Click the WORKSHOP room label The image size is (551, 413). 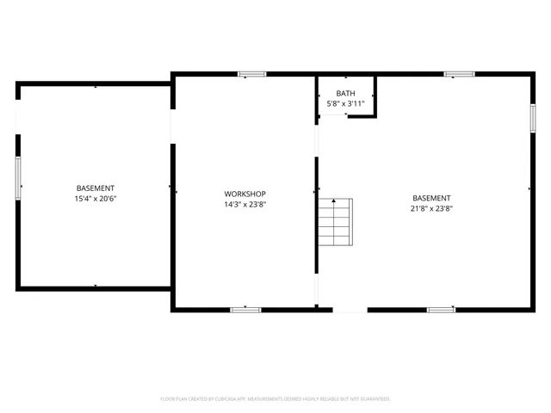point(245,194)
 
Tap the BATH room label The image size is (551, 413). point(345,93)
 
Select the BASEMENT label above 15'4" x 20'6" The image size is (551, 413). point(95,188)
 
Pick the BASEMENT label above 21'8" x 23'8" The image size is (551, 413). point(431,197)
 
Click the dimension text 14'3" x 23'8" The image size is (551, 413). point(245,205)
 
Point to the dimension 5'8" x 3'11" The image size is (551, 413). point(345,104)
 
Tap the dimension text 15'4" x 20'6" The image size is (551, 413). point(95,199)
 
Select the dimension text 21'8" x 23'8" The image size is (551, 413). point(431,208)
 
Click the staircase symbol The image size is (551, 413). point(334,222)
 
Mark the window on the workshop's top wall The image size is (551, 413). point(252,74)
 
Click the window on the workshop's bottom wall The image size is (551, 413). point(245,309)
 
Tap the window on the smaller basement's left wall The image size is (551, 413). point(18,178)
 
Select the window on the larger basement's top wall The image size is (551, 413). point(459,74)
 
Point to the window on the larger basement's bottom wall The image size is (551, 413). point(441,309)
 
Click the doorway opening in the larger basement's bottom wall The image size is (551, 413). point(350,309)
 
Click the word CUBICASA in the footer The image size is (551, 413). point(221,399)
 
